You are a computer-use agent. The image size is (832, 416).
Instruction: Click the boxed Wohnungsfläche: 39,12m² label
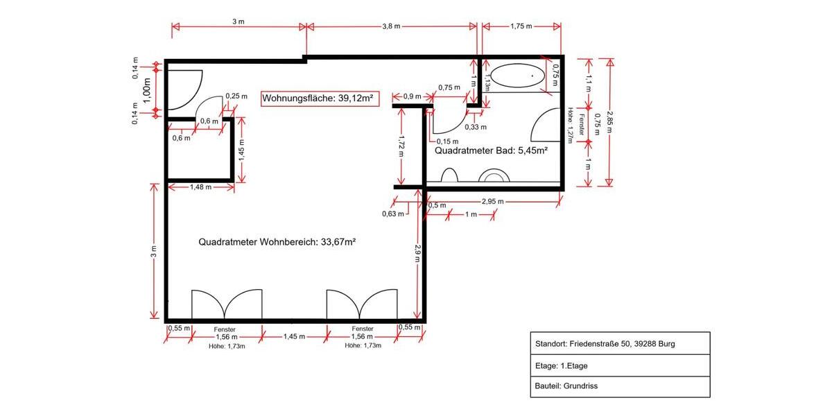(318, 98)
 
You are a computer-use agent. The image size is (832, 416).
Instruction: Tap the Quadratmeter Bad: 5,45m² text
(492, 150)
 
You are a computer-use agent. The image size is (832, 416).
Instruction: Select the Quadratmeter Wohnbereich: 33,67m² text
(277, 242)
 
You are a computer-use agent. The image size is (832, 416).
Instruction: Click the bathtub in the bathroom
(517, 74)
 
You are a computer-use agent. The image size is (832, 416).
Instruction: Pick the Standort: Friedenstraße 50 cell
(620, 343)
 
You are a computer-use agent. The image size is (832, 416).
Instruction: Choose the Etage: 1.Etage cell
(620, 365)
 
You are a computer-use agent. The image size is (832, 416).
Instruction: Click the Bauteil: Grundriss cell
(620, 386)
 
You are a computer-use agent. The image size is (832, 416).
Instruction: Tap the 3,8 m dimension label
(390, 26)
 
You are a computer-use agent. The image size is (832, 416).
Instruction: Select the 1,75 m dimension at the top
(521, 26)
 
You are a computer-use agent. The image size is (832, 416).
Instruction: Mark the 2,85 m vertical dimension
(609, 121)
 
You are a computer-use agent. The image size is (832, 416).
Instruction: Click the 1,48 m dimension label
(202, 187)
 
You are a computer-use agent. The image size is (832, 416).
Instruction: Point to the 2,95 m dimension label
(492, 201)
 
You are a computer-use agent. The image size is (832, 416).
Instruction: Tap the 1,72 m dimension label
(401, 146)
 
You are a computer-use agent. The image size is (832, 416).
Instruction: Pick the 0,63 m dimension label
(392, 214)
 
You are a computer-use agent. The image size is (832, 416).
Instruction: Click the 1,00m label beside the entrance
(147, 90)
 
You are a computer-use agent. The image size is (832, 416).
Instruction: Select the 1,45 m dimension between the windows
(295, 336)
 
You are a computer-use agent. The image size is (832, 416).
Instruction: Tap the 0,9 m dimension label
(412, 96)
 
